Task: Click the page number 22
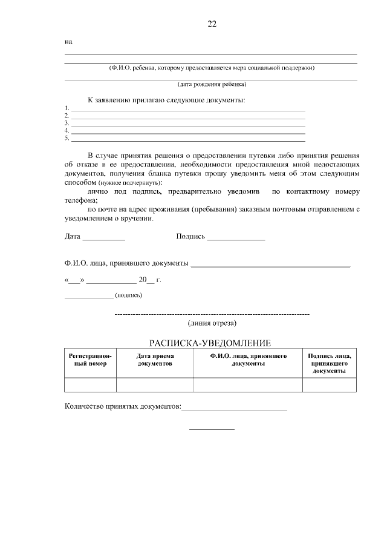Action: [x=211, y=24]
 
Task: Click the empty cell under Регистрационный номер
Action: [x=90, y=385]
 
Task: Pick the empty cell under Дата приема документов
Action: [x=155, y=385]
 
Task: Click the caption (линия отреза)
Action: [x=212, y=323]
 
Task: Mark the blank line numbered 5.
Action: [x=188, y=139]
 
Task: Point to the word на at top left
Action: [x=68, y=42]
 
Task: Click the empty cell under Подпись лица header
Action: [x=329, y=385]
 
